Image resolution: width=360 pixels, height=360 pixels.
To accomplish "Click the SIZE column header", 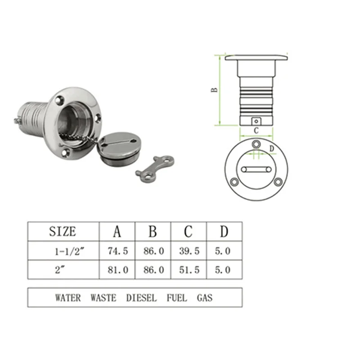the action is (63, 231).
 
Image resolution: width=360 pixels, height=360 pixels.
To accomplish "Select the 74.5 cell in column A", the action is (118, 251).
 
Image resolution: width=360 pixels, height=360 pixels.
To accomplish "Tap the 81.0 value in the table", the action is (118, 270).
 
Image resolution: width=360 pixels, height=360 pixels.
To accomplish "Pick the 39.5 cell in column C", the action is (189, 251).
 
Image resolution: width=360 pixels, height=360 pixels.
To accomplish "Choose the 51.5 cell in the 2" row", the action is (189, 270).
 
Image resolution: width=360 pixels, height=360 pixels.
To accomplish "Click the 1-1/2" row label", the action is (70, 252).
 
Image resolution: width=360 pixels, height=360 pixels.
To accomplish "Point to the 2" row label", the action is (60, 270).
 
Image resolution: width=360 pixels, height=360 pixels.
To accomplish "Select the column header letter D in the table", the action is (224, 231).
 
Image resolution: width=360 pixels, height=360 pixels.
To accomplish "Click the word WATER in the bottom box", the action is (68, 298).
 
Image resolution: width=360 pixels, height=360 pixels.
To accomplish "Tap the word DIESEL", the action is (141, 298).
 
